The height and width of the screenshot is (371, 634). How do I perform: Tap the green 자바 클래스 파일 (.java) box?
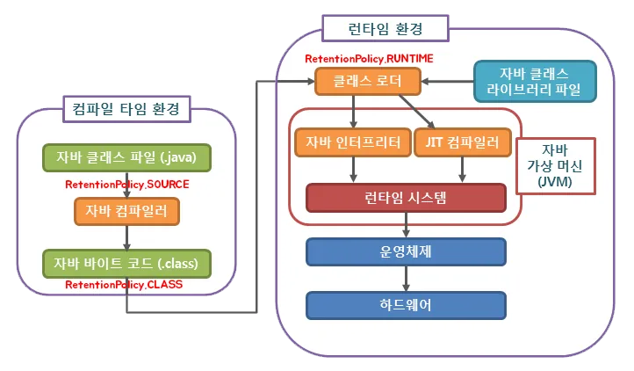[126, 158]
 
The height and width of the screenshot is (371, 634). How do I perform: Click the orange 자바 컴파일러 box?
[126, 210]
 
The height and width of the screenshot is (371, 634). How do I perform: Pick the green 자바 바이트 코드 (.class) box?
[126, 262]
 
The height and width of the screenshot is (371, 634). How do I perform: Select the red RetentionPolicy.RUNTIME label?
[369, 59]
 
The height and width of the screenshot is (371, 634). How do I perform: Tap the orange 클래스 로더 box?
[368, 83]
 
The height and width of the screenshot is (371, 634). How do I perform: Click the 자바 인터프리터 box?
[353, 142]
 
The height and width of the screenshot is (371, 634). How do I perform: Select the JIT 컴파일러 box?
[456, 142]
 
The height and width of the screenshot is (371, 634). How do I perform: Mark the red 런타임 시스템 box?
[406, 198]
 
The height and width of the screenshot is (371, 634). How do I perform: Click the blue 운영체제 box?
[406, 251]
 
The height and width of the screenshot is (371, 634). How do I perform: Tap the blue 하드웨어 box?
[406, 305]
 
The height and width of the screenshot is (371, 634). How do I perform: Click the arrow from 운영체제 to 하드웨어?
[406, 278]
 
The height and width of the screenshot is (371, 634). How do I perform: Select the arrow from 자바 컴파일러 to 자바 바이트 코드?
[126, 236]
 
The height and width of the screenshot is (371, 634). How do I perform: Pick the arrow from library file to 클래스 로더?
[447, 83]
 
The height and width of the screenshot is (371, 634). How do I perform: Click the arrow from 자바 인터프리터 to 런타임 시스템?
[353, 170]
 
